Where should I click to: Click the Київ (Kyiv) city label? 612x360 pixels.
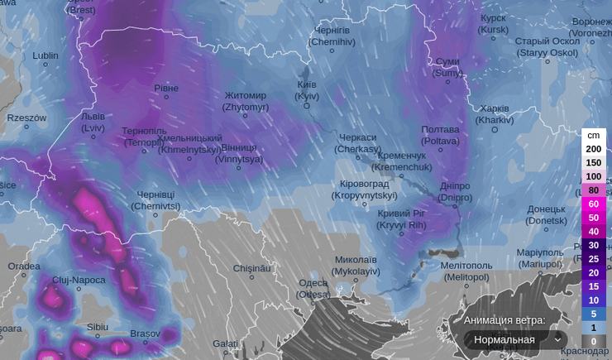point(307,90)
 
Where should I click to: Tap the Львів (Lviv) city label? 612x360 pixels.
point(93,122)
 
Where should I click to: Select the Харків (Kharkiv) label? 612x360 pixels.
point(495,114)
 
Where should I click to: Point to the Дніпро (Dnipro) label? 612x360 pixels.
point(455,191)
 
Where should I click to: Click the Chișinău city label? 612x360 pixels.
point(252,268)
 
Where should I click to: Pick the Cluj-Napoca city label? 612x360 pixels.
point(79,280)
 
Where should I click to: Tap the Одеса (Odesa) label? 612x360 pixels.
point(313,288)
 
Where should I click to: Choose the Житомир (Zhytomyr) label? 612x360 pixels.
point(246,101)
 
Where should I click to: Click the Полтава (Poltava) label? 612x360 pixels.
point(440,135)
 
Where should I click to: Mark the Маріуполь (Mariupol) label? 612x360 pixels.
point(539,257)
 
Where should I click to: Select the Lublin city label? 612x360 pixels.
point(45,56)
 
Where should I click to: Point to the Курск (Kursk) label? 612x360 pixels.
point(494,23)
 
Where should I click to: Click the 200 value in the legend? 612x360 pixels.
point(593,149)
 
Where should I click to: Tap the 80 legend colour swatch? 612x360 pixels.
point(593,190)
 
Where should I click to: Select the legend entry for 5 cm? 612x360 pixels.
point(593,314)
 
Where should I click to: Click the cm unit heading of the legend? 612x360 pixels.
point(593,135)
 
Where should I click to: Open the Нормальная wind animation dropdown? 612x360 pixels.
point(514,339)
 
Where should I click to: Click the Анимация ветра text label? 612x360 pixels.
point(504,319)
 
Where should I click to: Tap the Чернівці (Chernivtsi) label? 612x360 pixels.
point(155,199)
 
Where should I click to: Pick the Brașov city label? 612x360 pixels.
point(145,334)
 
